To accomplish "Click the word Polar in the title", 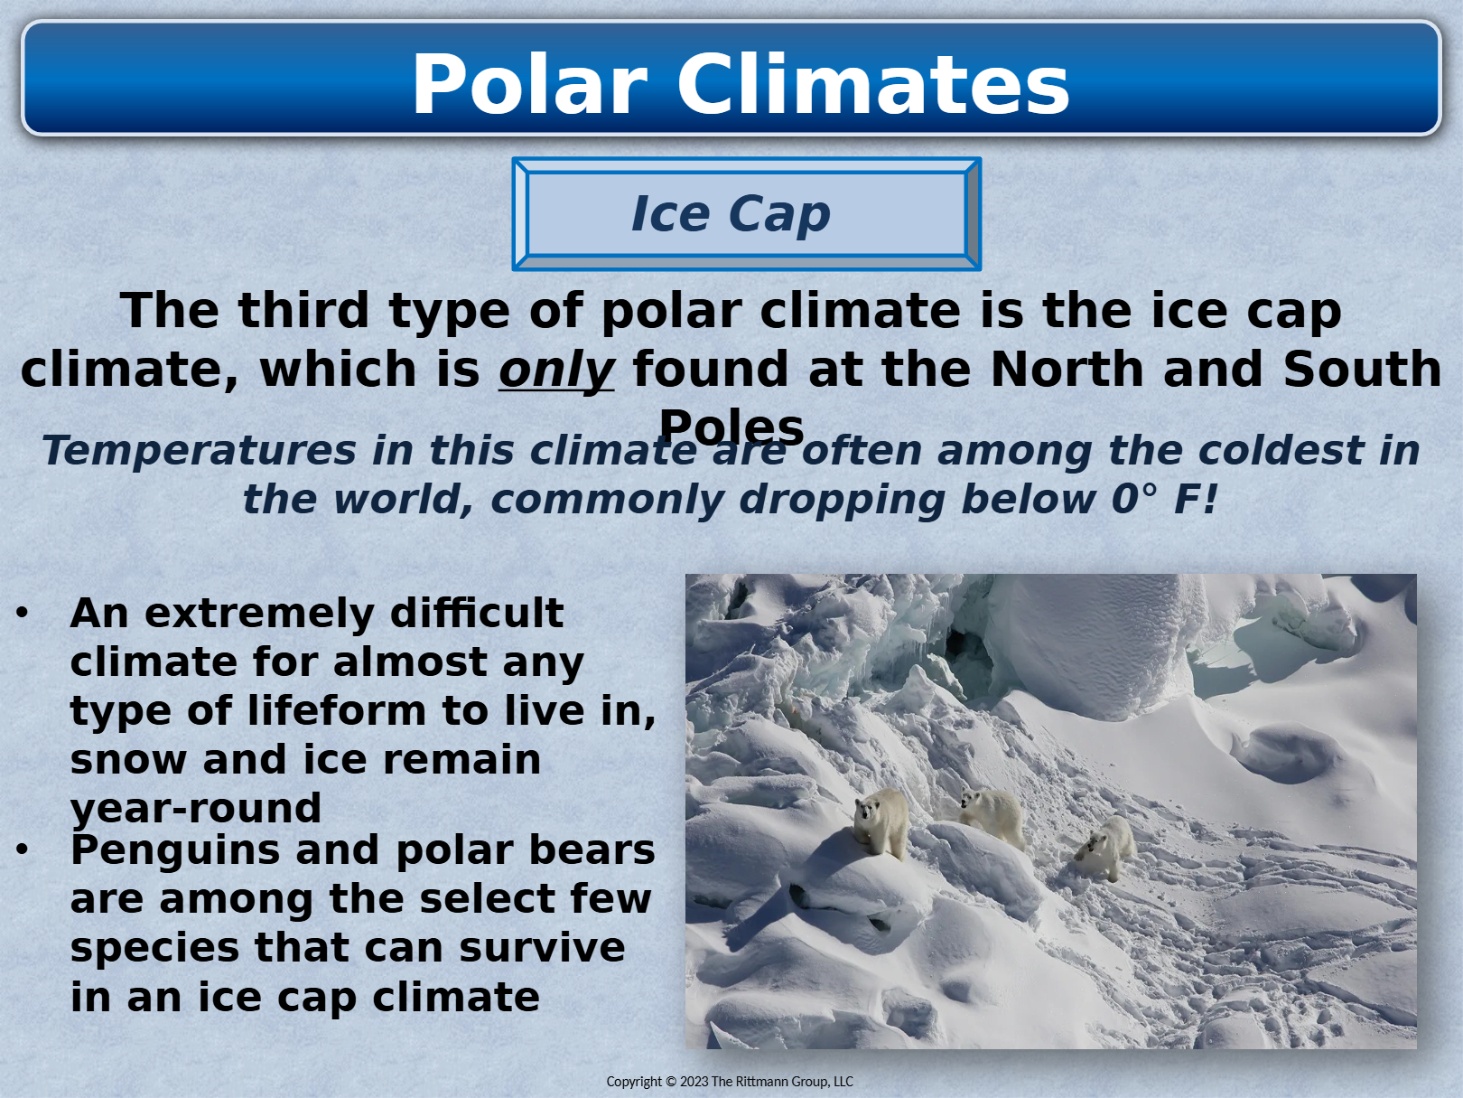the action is (530, 85).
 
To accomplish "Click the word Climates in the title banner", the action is (873, 85).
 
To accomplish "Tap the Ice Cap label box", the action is (747, 214).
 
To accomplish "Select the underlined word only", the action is (556, 370).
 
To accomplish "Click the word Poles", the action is (731, 427).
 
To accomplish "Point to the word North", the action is (1067, 369).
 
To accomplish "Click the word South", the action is (1363, 369).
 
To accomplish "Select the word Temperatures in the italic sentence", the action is (200, 451).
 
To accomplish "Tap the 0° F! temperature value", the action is (1164, 500).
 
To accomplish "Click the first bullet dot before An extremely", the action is (22, 612).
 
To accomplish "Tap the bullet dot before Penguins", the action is (22, 849).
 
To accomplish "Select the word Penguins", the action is (175, 850).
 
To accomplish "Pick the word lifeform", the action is (337, 710).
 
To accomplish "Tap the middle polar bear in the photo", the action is (992, 816).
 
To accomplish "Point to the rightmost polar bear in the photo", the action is (1105, 848).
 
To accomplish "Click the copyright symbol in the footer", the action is (671, 1082).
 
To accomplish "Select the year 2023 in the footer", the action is (694, 1082).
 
